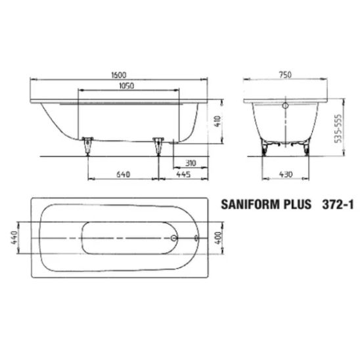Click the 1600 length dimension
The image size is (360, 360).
coord(119,75)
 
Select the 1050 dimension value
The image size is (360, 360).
coord(127,86)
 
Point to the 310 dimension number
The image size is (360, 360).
coord(191,163)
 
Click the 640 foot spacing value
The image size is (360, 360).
coord(124,175)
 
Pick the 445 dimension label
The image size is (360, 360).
coord(183,175)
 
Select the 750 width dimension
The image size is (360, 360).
coord(285,75)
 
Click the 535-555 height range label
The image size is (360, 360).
coord(338,129)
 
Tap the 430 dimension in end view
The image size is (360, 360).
coord(286,175)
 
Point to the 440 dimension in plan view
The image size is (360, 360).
coord(14,238)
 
